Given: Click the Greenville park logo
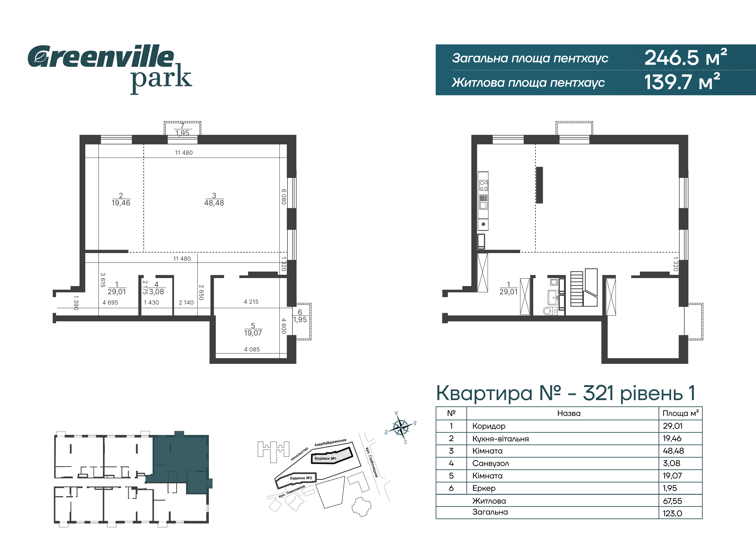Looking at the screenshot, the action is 110,69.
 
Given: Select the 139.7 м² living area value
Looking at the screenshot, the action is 682,82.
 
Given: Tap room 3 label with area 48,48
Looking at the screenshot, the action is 214,199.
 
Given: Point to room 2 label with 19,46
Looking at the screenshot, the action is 121,199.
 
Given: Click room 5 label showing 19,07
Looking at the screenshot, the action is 253,329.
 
